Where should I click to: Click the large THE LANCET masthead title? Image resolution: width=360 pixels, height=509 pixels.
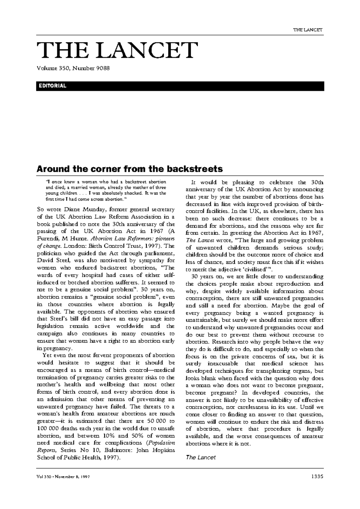[x=117, y=50]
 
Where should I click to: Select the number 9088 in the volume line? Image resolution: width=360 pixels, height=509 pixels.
[x=103, y=68]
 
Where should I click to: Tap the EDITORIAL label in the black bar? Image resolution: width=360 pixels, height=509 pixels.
[x=51, y=86]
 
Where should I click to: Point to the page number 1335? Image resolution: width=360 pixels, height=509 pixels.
[x=317, y=476]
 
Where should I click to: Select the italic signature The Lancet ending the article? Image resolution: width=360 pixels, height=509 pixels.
[x=200, y=457]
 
